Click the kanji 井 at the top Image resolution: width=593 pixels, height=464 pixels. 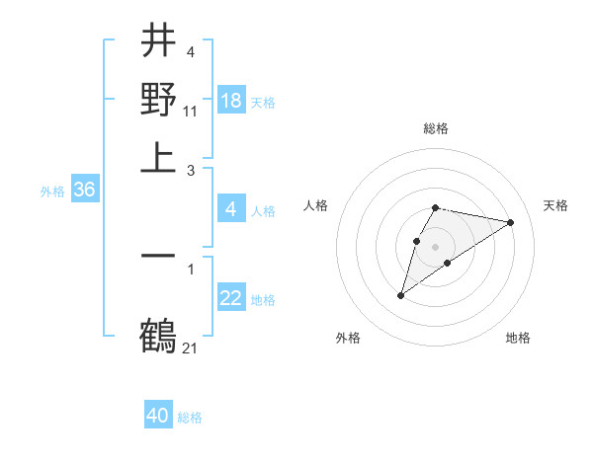(158, 40)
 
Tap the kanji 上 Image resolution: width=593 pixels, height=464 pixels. (158, 157)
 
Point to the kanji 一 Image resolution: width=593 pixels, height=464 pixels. (158, 256)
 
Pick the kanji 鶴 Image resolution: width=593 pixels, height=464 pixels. (158, 337)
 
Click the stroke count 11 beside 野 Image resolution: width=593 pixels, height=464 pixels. (191, 112)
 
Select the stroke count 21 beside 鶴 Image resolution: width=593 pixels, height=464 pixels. (191, 348)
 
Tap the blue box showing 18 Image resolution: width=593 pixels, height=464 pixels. (231, 101)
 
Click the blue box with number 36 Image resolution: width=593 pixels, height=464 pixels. (84, 191)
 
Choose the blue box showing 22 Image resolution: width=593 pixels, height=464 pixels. (231, 299)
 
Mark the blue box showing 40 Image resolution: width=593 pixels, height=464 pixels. (158, 417)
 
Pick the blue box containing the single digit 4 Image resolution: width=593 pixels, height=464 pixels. (231, 209)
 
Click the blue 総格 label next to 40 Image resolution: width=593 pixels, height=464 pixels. (190, 418)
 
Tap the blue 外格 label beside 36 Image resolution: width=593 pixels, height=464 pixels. (52, 192)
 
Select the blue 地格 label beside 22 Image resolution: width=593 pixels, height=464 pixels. (263, 300)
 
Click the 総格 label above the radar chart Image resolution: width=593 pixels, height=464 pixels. (436, 128)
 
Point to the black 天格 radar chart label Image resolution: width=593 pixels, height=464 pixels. (556, 205)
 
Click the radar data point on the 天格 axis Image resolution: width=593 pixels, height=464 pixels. (511, 222)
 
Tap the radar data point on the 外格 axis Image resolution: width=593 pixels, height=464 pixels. (400, 295)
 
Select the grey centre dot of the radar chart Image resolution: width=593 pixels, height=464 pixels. (436, 246)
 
